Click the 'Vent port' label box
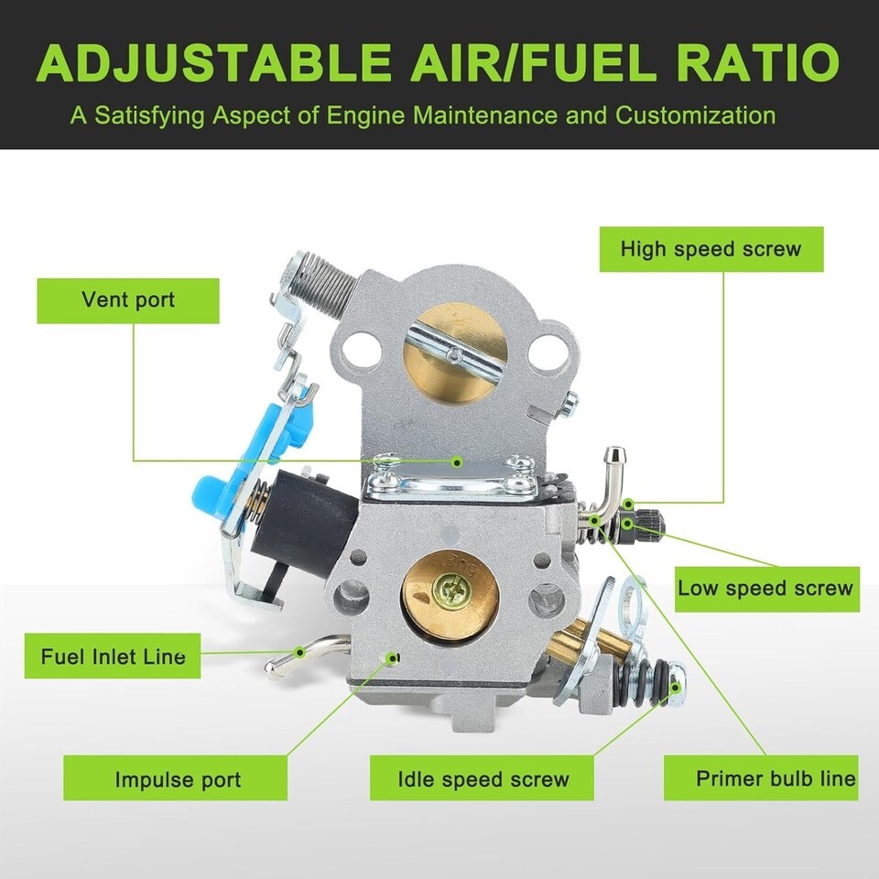point(128,300)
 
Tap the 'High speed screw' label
point(711,249)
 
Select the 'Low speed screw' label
point(767,589)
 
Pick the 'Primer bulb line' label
point(761,777)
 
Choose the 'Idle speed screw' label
point(483,777)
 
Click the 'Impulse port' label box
point(176,777)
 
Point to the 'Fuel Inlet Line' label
point(113,656)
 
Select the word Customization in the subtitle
point(696,115)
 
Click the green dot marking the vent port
point(458,461)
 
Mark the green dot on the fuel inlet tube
point(300,651)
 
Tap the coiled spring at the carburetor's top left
point(320,278)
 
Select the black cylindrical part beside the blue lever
point(301,524)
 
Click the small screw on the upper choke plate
point(454,353)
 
